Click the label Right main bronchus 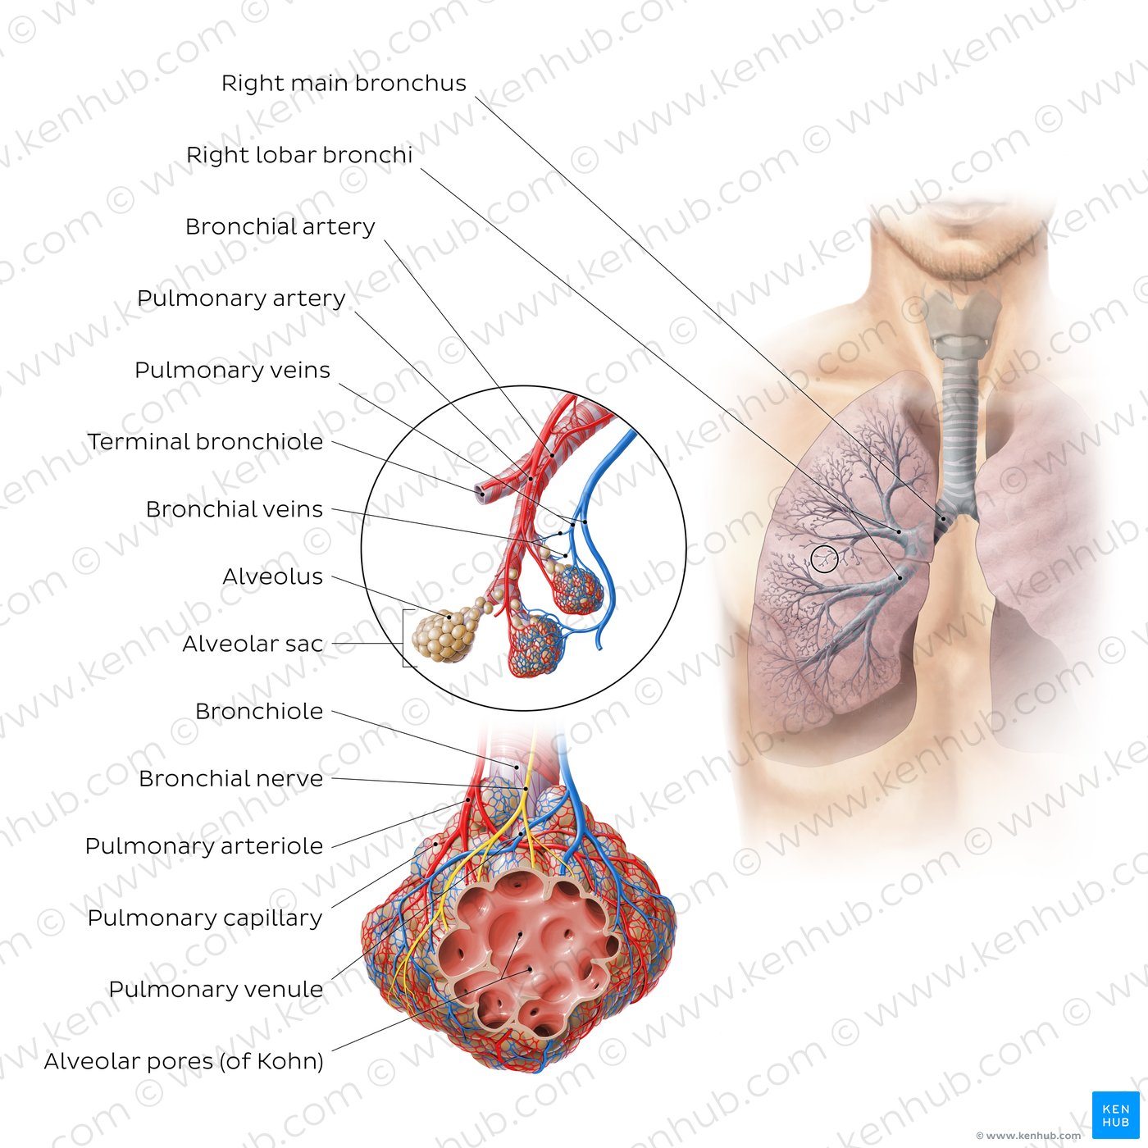344,84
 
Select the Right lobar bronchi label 299,155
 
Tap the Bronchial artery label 280,227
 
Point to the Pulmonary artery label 241,298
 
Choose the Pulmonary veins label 232,371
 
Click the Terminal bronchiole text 206,442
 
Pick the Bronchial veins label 235,509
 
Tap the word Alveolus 273,576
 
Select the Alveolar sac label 253,644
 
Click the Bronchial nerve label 231,779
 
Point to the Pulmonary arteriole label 203,846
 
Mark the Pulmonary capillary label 205,918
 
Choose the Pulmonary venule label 216,990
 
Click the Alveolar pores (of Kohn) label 184,1062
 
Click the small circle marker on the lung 825,558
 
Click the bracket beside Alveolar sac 405,638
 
